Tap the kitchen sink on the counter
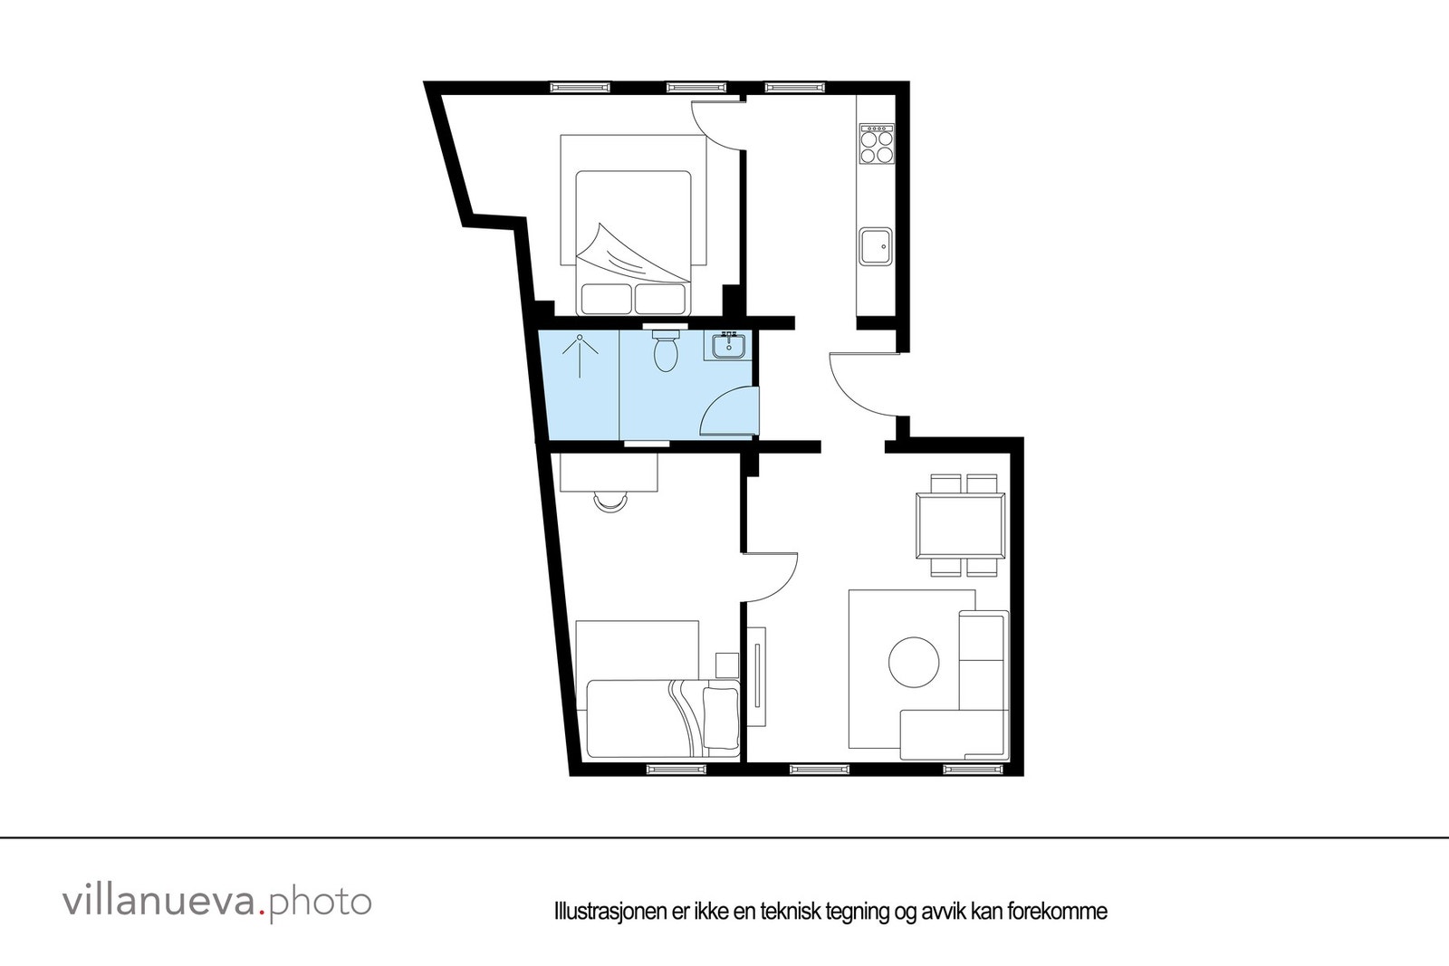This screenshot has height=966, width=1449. (x=876, y=246)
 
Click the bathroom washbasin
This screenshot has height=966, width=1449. (x=728, y=346)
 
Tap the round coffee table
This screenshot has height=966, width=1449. (x=914, y=663)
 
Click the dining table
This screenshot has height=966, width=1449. (x=960, y=525)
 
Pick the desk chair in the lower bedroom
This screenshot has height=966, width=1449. (x=611, y=500)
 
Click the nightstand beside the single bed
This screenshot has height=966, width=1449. (x=727, y=665)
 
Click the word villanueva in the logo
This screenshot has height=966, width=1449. (x=159, y=902)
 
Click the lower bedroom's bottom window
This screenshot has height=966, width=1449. (x=677, y=770)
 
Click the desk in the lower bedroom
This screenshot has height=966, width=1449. (x=609, y=472)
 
